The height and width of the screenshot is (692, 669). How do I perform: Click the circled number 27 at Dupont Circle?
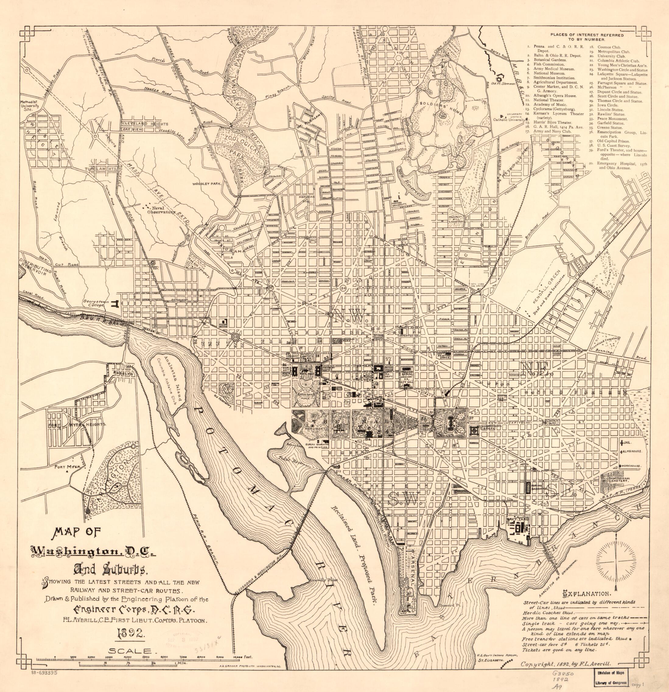(271, 288)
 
